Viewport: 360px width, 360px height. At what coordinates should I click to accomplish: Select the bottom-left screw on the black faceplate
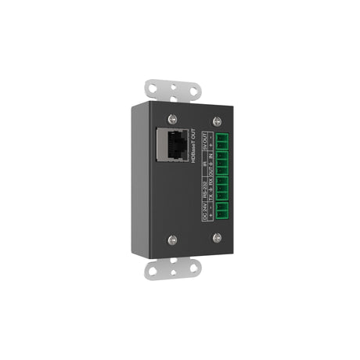[172, 239]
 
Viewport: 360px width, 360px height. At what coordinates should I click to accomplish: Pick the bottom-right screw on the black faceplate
[218, 237]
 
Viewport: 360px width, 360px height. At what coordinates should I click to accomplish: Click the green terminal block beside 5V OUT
[222, 146]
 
